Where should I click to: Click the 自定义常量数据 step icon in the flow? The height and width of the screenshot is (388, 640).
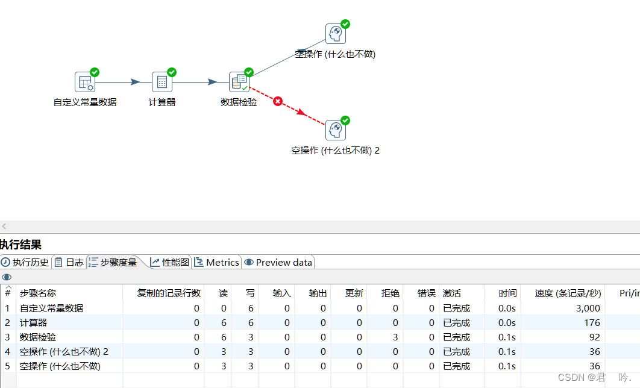85,82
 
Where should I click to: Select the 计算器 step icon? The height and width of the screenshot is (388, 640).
162,82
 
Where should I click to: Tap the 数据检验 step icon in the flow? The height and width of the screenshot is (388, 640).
239,82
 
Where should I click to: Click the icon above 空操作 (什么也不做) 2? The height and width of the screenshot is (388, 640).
336,130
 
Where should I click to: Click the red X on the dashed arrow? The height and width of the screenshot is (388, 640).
278,101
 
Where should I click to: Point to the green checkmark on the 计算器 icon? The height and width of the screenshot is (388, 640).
172,72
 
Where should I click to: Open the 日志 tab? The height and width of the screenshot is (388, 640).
69,262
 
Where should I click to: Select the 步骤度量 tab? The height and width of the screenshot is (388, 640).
113,262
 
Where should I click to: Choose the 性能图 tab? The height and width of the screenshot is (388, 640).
170,262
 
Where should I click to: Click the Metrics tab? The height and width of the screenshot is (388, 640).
217,262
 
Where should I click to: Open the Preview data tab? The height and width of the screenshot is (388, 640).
278,262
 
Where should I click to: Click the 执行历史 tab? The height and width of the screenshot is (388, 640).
25,262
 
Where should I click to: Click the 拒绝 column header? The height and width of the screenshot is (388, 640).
390,293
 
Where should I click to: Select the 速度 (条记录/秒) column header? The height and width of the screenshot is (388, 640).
568,293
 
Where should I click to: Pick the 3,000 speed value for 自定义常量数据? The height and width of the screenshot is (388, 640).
588,308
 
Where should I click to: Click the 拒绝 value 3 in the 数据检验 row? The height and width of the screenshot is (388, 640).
395,337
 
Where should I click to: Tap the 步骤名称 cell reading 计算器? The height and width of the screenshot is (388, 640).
34,323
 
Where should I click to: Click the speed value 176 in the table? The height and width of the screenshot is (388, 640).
592,323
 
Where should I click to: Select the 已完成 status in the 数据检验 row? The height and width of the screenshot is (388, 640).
457,337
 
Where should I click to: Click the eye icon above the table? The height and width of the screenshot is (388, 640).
7,277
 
